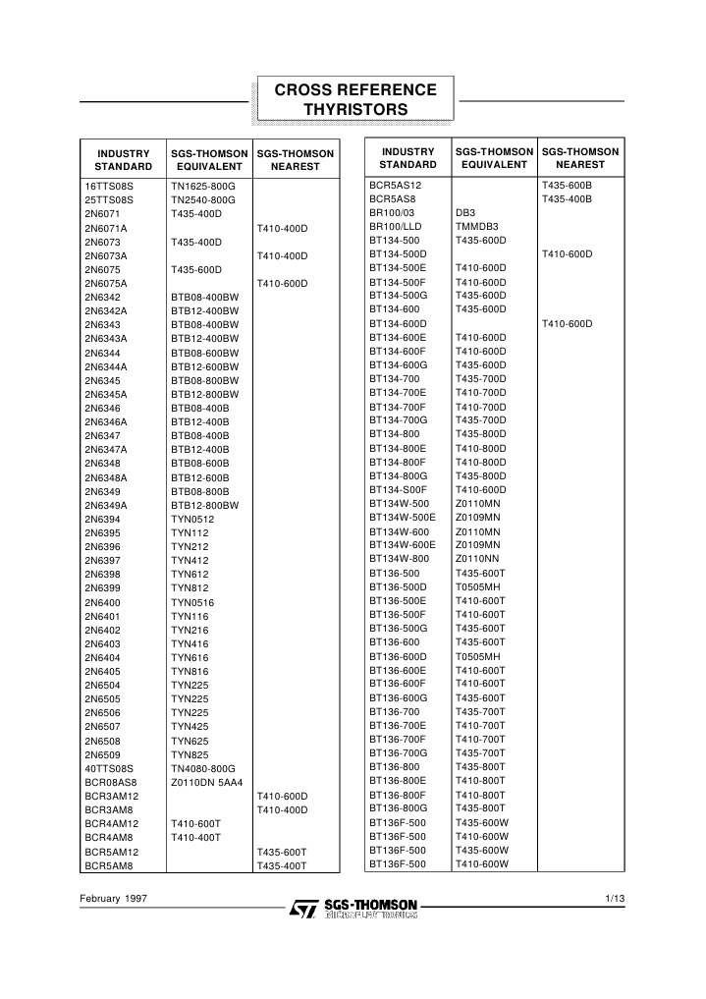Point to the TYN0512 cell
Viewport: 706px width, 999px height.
(x=192, y=519)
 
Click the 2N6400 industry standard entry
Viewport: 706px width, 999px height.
(x=102, y=602)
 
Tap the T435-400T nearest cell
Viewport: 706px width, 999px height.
(x=282, y=866)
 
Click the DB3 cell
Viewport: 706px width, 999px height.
(x=465, y=212)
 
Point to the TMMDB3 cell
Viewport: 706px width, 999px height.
(x=477, y=226)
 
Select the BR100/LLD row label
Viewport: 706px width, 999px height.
(x=395, y=226)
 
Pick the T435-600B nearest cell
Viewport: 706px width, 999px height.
(x=568, y=185)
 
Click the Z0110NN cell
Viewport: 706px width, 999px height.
(x=477, y=558)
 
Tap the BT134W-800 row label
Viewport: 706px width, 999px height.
(x=400, y=558)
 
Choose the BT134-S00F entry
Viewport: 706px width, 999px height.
(x=397, y=489)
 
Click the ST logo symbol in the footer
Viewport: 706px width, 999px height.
(x=300, y=910)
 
